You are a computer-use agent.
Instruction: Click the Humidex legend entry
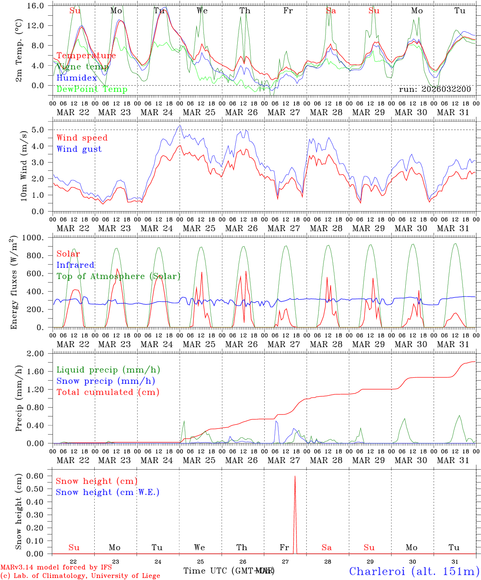point(77,78)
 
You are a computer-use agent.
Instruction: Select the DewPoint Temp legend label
point(92,89)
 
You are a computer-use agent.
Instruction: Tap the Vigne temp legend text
point(83,67)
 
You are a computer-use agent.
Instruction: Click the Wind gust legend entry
point(79,149)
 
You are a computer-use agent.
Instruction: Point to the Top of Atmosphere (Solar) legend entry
point(118,276)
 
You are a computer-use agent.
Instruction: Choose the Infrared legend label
point(75,265)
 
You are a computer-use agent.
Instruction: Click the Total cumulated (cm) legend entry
point(108,392)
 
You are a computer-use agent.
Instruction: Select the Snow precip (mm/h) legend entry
point(106,381)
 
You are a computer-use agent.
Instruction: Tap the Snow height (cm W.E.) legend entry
point(108,492)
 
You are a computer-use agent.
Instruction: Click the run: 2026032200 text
point(435,89)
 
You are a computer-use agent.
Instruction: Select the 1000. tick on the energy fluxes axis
point(37,238)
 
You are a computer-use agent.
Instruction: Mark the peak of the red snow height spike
point(295,476)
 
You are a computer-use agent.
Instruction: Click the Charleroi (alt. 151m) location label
point(414,571)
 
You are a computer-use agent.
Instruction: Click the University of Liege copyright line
point(80,576)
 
